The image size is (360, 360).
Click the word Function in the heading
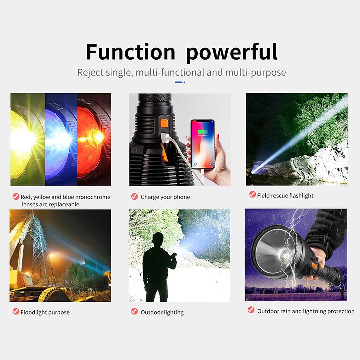pyautogui.click(x=131, y=52)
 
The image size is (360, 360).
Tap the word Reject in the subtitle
pyautogui.click(x=90, y=73)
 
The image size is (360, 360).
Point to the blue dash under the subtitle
pyautogui.click(x=179, y=82)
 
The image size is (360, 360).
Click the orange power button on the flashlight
pyautogui.click(x=164, y=123)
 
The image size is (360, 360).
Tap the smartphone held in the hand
pyautogui.click(x=203, y=145)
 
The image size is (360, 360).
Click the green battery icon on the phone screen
pyautogui.click(x=203, y=132)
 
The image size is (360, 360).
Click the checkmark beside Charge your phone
pyautogui.click(x=135, y=197)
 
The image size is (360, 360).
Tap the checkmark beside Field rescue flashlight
pyautogui.click(x=252, y=194)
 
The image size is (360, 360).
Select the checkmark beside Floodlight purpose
pyautogui.click(x=16, y=311)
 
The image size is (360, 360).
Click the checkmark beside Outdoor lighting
pyautogui.click(x=135, y=311)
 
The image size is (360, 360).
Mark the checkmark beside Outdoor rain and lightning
pyautogui.click(x=251, y=310)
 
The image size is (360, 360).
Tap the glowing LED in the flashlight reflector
pyautogui.click(x=287, y=255)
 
